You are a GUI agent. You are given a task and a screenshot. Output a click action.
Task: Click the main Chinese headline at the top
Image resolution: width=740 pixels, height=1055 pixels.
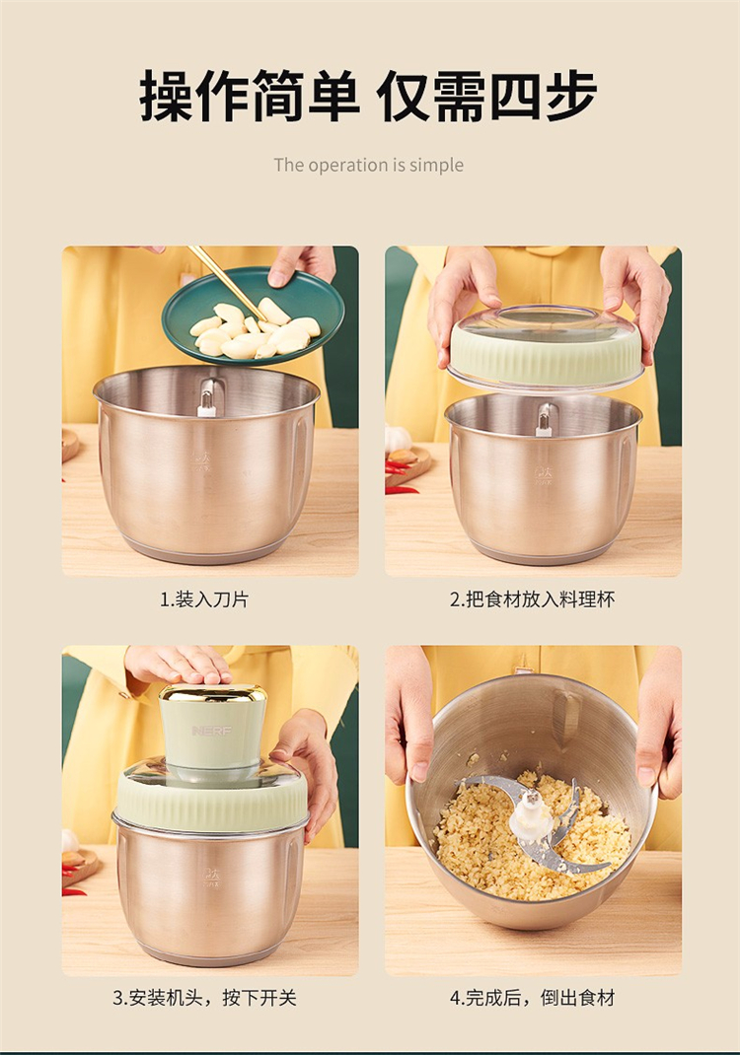[368, 97]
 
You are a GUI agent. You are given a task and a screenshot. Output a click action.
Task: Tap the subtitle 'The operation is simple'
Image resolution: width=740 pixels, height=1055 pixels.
[368, 165]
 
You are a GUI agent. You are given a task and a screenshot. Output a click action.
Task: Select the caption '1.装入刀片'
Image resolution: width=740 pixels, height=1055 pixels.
[204, 598]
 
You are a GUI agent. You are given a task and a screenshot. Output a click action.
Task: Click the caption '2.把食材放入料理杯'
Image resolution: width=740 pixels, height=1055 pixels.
[533, 598]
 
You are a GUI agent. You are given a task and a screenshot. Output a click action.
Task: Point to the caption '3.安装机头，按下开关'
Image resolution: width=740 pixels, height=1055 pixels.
[204, 997]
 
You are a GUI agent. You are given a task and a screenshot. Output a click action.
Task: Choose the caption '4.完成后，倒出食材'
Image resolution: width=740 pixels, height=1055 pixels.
[533, 997]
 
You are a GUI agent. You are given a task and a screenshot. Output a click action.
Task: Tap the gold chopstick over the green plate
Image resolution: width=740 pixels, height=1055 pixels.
[226, 283]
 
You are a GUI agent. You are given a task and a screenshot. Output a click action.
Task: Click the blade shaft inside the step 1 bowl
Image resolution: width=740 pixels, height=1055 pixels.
[207, 398]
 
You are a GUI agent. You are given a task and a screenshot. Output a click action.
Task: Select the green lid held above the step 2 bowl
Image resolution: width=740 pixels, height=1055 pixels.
[546, 348]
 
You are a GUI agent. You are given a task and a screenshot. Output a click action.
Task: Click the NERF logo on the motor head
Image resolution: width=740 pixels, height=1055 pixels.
[211, 731]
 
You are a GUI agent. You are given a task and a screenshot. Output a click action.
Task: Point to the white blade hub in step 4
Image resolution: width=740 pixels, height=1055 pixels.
[531, 814]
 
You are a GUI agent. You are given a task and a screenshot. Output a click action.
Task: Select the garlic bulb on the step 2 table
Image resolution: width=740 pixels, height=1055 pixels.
[397, 439]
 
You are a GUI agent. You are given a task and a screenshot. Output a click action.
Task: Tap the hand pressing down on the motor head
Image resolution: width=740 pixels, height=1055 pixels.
[179, 666]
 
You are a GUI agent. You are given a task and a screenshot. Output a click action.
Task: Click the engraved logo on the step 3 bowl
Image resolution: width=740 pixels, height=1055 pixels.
[211, 877]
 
